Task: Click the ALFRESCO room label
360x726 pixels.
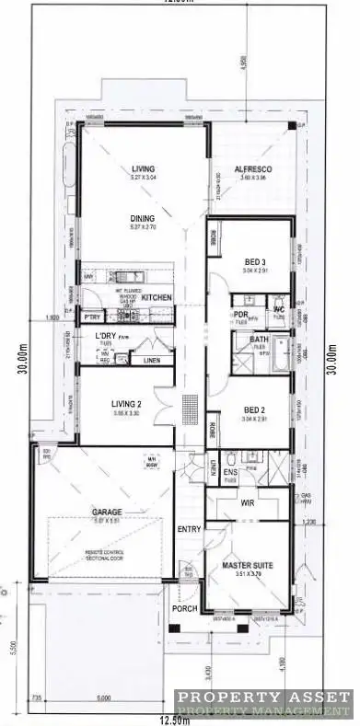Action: coord(250,169)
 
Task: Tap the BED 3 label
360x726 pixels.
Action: coord(254,260)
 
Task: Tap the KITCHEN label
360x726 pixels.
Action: coord(157,297)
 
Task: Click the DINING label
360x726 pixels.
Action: coord(143,218)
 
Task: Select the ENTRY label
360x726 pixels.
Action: coord(188,528)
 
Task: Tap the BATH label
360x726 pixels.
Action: coord(246,340)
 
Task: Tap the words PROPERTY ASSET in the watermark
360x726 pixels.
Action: coord(263,697)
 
